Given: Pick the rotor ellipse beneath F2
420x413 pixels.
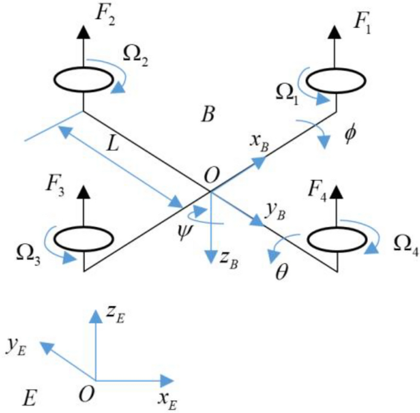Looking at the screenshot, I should click(x=83, y=78).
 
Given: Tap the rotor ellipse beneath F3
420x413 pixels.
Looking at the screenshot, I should click(x=83, y=237).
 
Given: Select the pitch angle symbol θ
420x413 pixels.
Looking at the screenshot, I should click(x=281, y=270).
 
